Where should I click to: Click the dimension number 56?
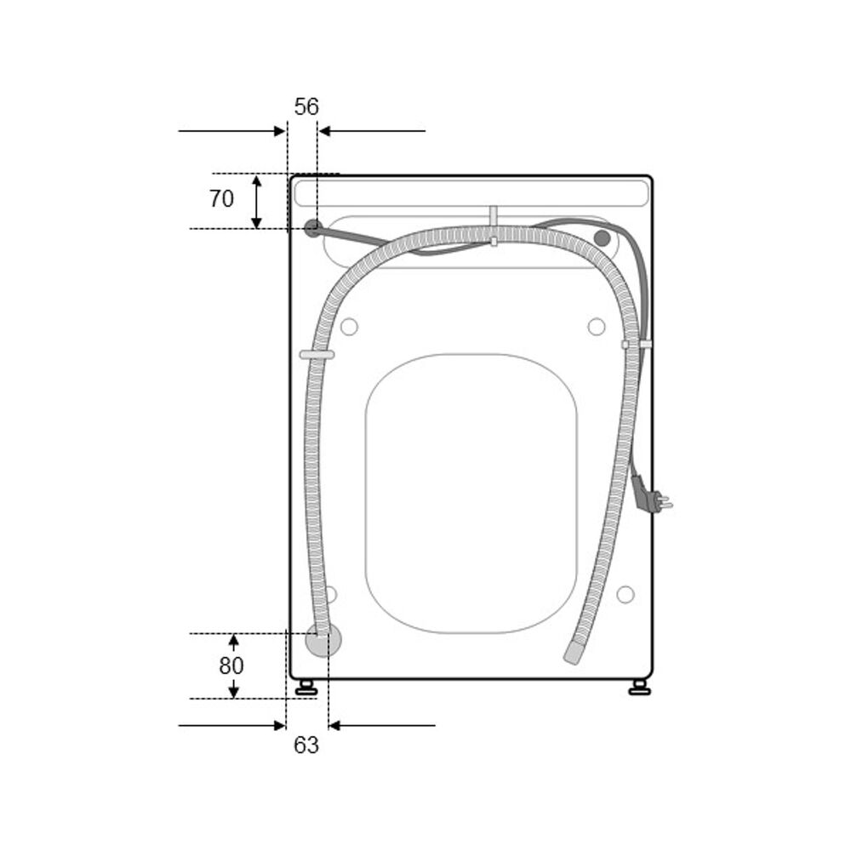[x=306, y=107]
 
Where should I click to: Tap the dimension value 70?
[x=221, y=198]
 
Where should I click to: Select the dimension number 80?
[x=231, y=665]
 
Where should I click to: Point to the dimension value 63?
[x=306, y=745]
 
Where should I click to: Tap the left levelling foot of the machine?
[x=306, y=688]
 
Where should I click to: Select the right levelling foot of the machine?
[x=639, y=688]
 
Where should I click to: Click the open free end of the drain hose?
[x=573, y=651]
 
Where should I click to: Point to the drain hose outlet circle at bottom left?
[x=323, y=639]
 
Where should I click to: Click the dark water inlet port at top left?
[x=312, y=228]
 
